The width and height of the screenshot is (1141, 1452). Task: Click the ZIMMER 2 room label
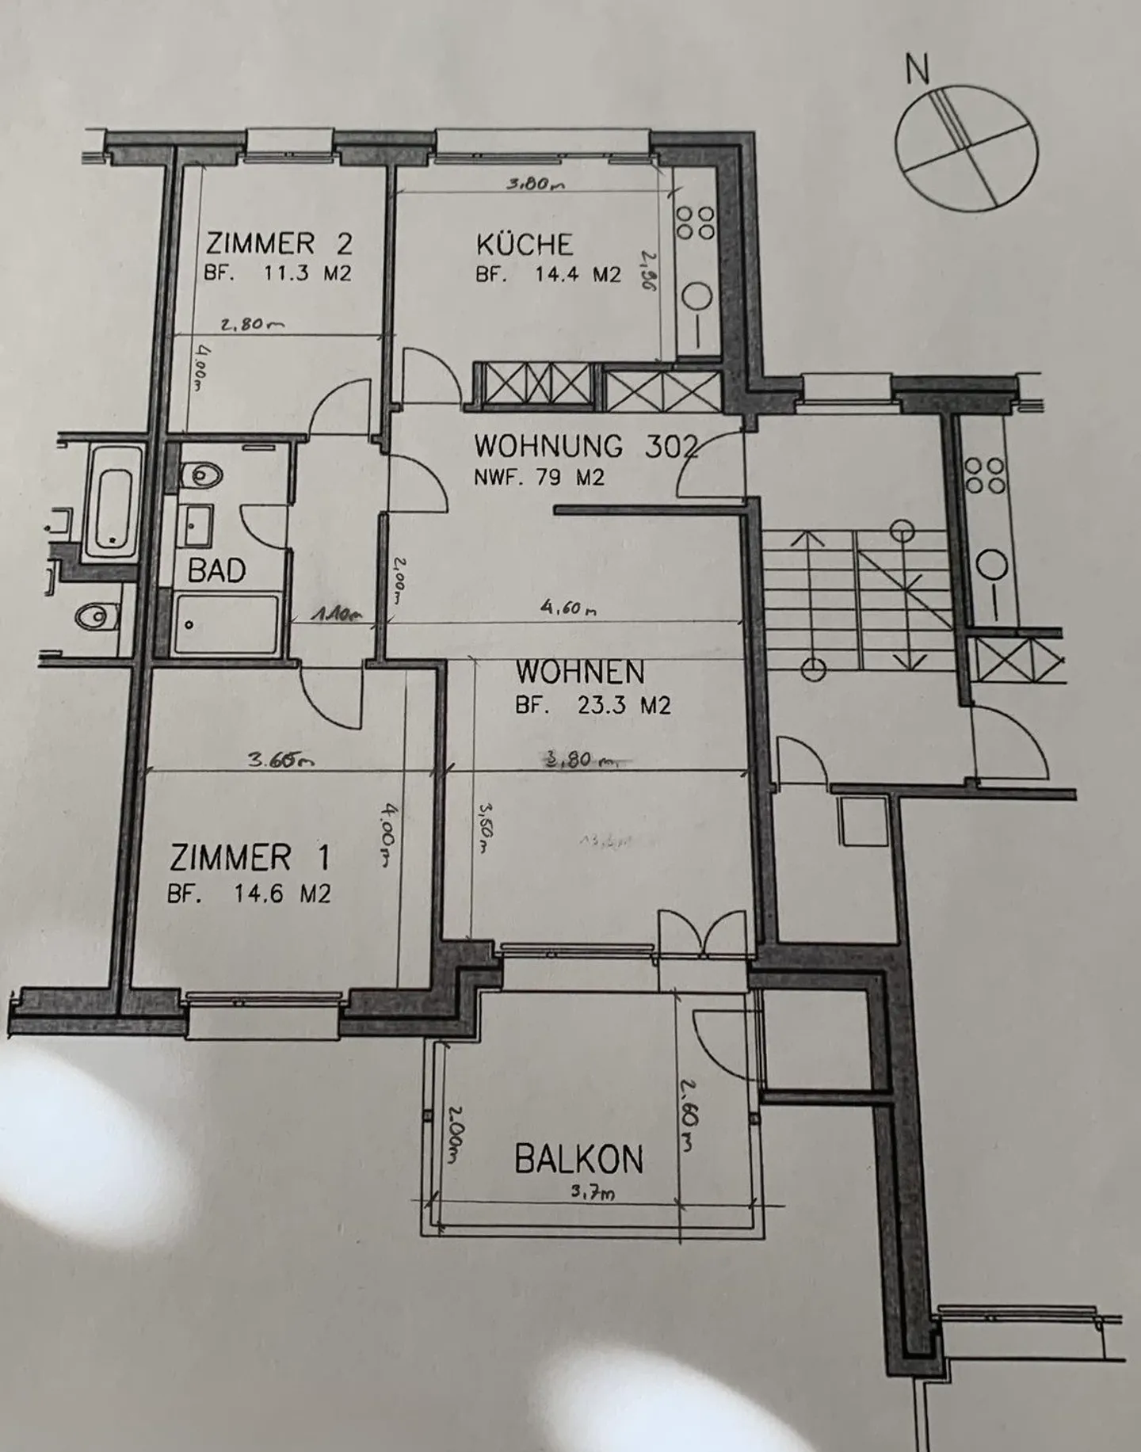click(278, 242)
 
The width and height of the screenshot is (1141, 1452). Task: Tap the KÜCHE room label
click(524, 243)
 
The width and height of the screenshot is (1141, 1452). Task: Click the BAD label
click(216, 570)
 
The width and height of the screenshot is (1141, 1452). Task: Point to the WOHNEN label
click(580, 672)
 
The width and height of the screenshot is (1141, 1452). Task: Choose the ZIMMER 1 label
click(250, 858)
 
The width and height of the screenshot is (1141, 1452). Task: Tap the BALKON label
click(578, 1160)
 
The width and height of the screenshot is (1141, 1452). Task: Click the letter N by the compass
click(918, 71)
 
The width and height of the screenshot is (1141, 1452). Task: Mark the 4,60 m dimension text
click(567, 608)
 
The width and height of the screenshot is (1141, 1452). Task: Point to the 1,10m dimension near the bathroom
click(337, 613)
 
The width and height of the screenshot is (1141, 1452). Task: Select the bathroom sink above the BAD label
click(196, 525)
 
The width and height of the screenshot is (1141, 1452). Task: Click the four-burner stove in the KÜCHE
click(695, 223)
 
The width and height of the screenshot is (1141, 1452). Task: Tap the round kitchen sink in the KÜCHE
click(699, 297)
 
